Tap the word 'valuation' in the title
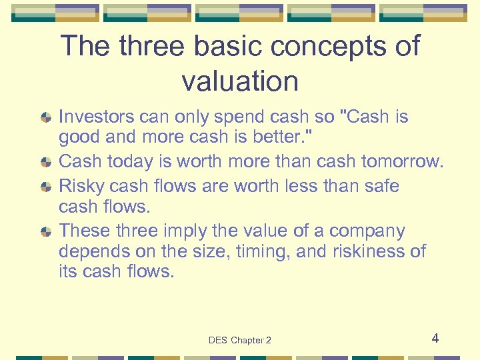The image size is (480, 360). [240, 81]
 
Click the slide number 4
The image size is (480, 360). [435, 338]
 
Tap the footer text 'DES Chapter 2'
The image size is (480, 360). [240, 340]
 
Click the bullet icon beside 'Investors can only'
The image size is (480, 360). [45, 117]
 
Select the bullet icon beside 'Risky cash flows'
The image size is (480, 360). [45, 186]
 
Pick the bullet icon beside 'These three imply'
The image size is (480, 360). [45, 231]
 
